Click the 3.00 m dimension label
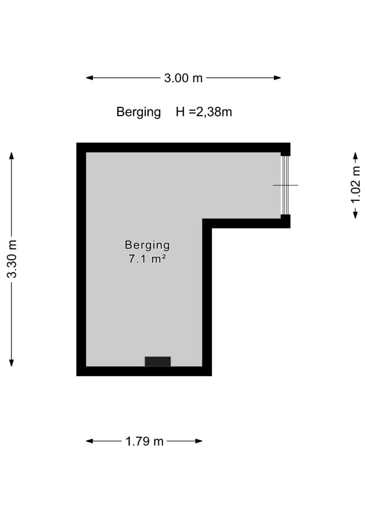(x=183, y=78)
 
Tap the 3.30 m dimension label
(x=12, y=259)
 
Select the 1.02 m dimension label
(x=355, y=185)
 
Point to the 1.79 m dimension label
(x=144, y=441)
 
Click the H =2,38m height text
(x=204, y=112)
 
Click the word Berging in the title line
(x=138, y=112)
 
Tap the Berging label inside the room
(x=148, y=245)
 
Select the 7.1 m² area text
(x=148, y=259)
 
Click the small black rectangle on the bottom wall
(x=158, y=361)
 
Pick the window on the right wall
(x=285, y=185)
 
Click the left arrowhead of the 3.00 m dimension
(x=89, y=78)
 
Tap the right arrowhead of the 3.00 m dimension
(x=277, y=78)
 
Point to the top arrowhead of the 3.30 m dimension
(x=12, y=156)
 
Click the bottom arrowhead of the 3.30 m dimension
(x=12, y=362)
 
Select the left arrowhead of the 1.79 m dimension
(x=89, y=441)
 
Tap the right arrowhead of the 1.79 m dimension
(x=199, y=441)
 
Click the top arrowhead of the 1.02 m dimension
(x=355, y=156)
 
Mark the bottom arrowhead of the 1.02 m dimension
(x=355, y=214)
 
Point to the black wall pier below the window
(x=285, y=221)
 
